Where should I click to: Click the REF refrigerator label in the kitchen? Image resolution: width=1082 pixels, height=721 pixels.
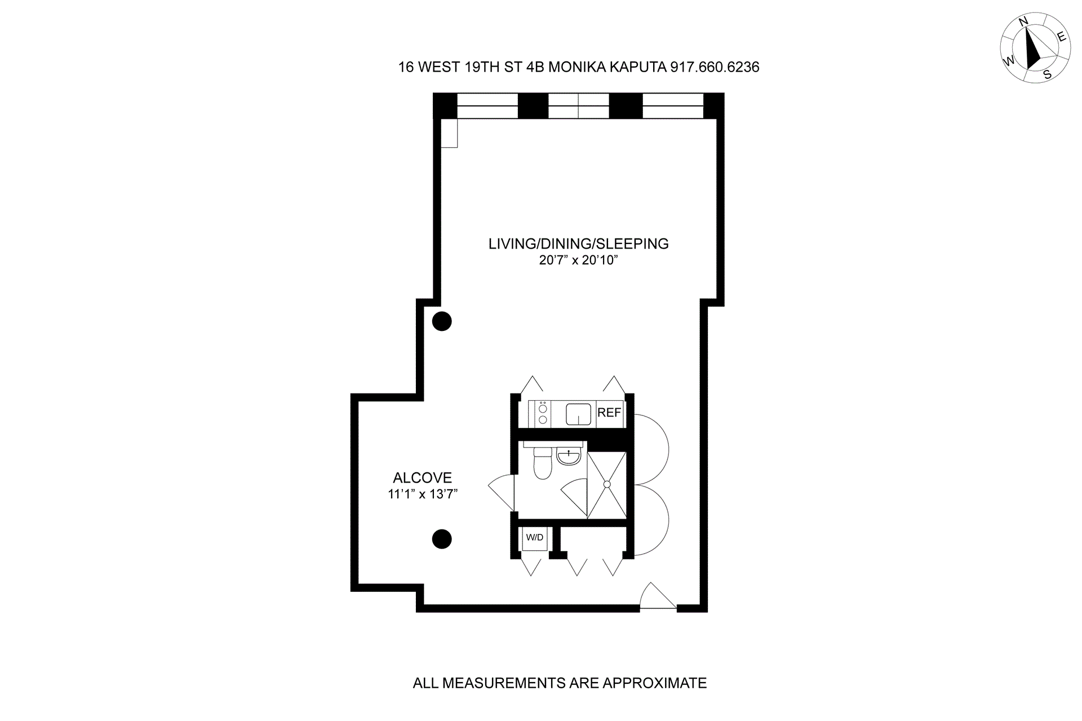[609, 413]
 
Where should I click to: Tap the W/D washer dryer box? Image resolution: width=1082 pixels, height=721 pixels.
[535, 538]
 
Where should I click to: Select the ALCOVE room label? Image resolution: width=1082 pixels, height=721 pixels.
[422, 478]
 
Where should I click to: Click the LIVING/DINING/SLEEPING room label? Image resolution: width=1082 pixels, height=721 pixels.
[578, 244]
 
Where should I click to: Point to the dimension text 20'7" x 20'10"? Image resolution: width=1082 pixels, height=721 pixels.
[578, 260]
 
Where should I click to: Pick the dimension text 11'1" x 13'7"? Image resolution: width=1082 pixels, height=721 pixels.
[422, 494]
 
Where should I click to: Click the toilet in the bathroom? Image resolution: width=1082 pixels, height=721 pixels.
[542, 464]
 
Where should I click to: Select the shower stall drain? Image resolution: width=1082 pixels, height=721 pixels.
[607, 484]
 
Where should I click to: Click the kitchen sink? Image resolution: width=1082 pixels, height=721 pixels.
[578, 414]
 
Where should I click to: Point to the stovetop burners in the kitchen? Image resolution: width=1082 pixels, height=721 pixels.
[543, 414]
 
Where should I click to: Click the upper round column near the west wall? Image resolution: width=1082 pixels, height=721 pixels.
[442, 321]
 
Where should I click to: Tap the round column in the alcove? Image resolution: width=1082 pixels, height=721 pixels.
[442, 539]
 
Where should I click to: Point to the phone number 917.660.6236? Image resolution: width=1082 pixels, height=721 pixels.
[715, 67]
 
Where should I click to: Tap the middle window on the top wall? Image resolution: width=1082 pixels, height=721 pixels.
[578, 106]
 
